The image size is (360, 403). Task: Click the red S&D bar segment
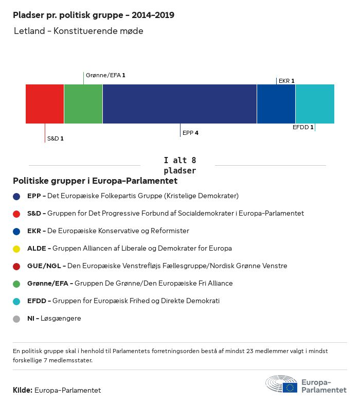click(x=45, y=104)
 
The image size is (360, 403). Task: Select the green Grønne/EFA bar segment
click(x=83, y=104)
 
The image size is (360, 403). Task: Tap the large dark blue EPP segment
click(x=179, y=104)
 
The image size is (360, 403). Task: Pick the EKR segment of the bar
click(x=276, y=104)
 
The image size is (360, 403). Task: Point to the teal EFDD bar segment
click(x=315, y=104)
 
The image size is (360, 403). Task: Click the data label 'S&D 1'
click(x=55, y=138)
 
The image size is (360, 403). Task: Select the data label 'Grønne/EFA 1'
click(x=105, y=75)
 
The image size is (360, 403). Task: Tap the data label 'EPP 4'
click(x=190, y=133)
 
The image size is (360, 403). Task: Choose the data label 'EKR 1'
click(x=286, y=81)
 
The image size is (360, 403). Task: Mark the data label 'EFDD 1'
click(x=303, y=127)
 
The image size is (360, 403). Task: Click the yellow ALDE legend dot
click(x=16, y=249)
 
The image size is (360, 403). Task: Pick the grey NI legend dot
click(x=16, y=319)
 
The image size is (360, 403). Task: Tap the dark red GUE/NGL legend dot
click(x=16, y=266)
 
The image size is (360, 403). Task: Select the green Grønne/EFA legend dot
click(x=16, y=284)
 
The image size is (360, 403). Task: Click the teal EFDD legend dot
click(x=16, y=301)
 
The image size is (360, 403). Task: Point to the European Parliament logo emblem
click(x=281, y=384)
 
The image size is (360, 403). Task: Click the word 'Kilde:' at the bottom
click(x=23, y=390)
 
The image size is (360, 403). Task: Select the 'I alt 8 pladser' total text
click(x=179, y=165)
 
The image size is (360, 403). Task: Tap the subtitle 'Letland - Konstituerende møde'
click(x=79, y=31)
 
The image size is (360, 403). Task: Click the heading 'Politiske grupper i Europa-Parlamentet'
click(x=95, y=181)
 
